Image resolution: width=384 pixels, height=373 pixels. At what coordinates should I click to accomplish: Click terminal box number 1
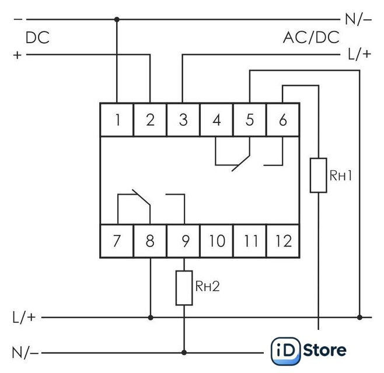[x=117, y=119]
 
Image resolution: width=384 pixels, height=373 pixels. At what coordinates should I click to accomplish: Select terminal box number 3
[x=183, y=119]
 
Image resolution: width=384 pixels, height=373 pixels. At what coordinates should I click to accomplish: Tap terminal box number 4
[x=217, y=119]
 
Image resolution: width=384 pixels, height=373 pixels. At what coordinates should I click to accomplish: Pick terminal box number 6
[x=283, y=119]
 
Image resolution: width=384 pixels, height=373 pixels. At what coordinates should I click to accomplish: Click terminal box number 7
[x=117, y=241]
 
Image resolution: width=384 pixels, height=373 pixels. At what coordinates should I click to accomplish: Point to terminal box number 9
[x=183, y=241]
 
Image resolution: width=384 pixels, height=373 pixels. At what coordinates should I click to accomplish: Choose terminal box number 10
[x=217, y=241]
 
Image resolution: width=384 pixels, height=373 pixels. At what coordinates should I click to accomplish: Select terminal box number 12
[x=283, y=241]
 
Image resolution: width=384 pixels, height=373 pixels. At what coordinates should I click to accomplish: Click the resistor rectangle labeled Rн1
[x=319, y=175]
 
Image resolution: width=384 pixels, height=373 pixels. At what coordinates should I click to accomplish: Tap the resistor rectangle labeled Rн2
[x=184, y=288]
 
